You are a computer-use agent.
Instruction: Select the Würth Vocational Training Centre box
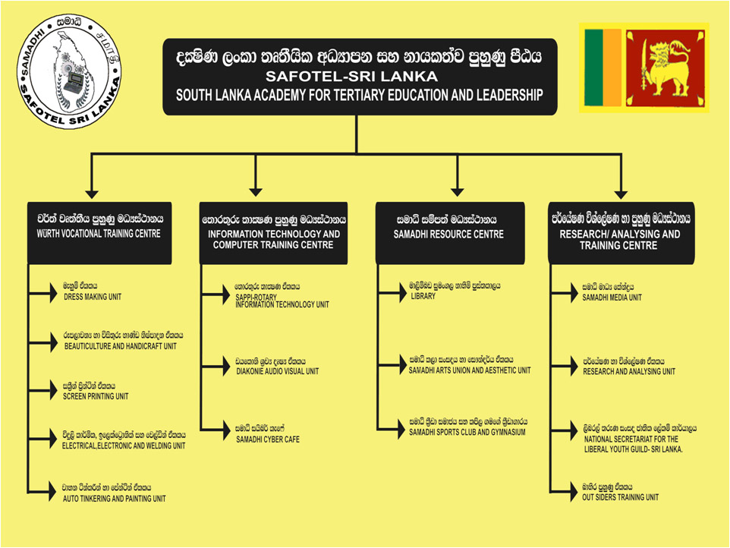coord(100,232)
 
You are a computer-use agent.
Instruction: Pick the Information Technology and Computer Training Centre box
coord(274,232)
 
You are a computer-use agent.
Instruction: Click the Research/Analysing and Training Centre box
coord(621,232)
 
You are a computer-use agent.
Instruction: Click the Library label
coord(422,296)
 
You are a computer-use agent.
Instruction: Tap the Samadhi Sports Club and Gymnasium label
coord(467,432)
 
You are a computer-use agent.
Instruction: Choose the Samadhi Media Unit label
coord(612,297)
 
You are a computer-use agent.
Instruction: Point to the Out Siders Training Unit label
coord(620,497)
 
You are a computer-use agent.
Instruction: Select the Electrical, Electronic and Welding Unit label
coord(123,446)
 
